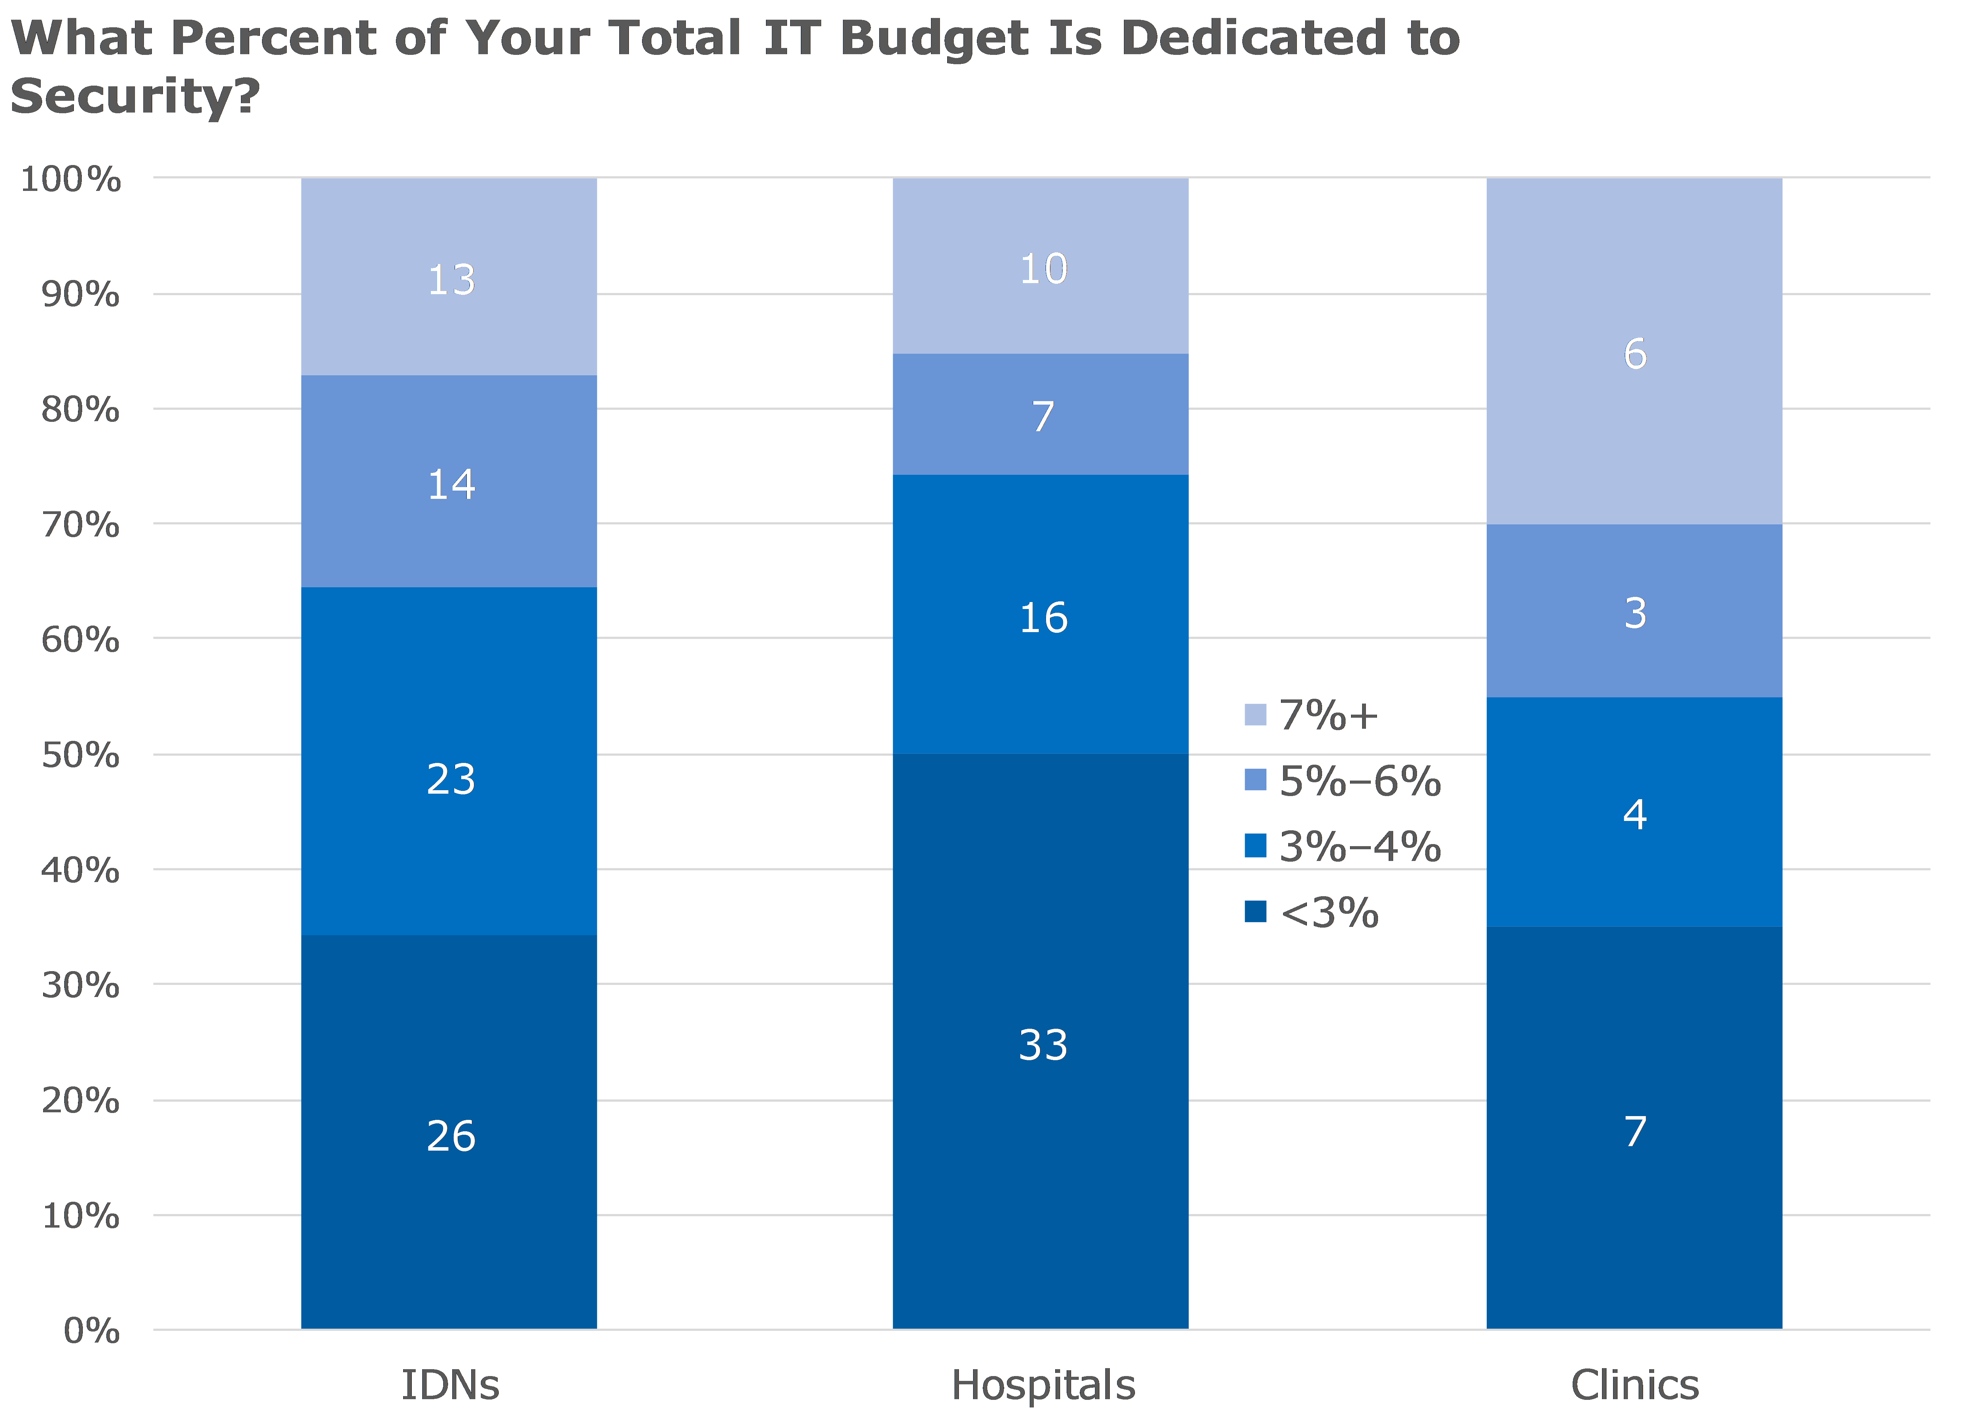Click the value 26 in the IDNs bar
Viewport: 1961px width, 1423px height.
pyautogui.click(x=450, y=1136)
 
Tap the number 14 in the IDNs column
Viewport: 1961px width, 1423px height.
pyautogui.click(x=450, y=484)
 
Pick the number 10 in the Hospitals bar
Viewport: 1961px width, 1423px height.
pyautogui.click(x=1043, y=269)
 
